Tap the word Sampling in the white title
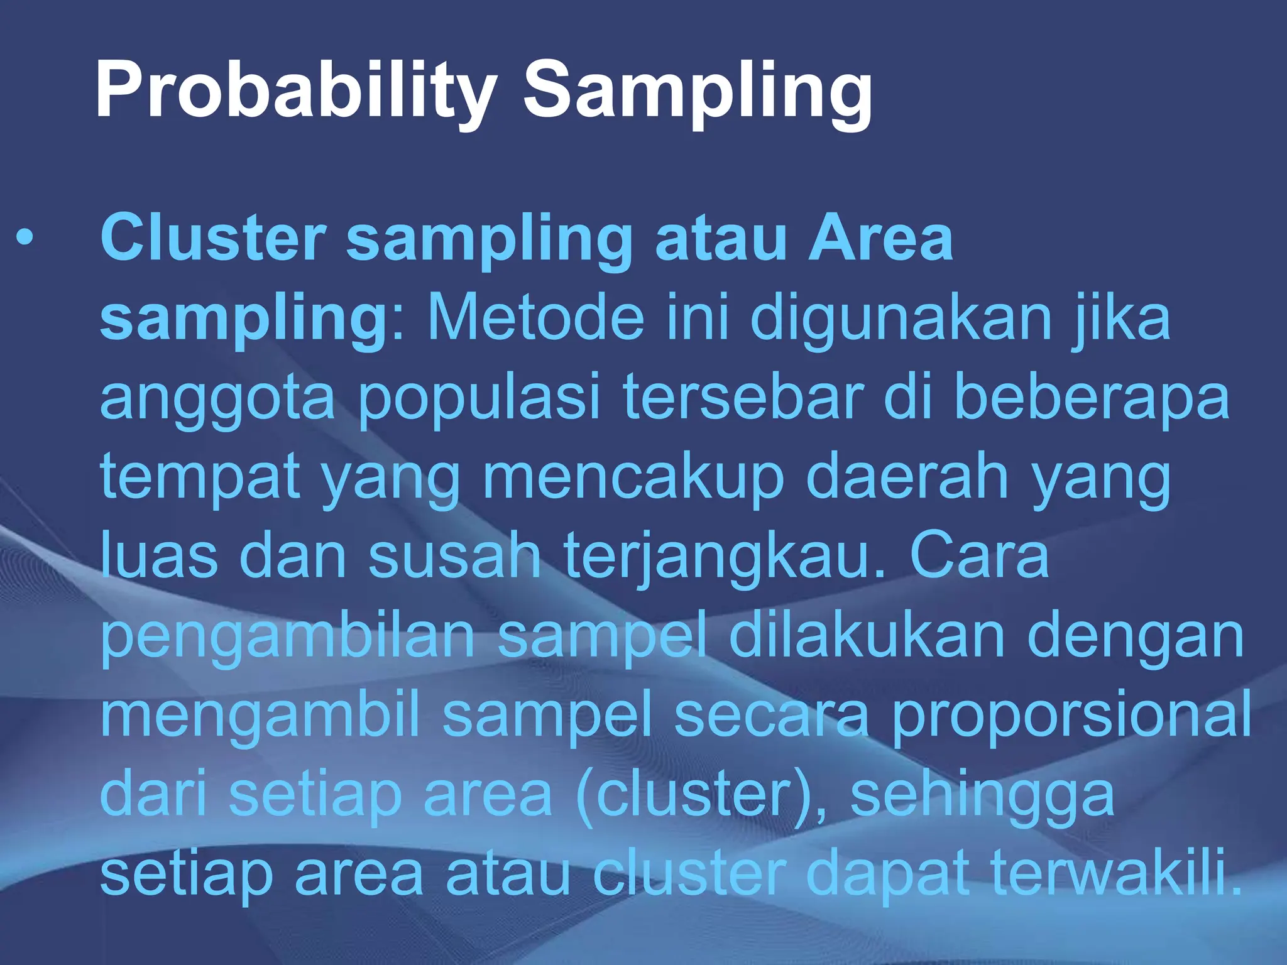(x=698, y=91)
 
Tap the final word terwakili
(x=1116, y=873)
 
